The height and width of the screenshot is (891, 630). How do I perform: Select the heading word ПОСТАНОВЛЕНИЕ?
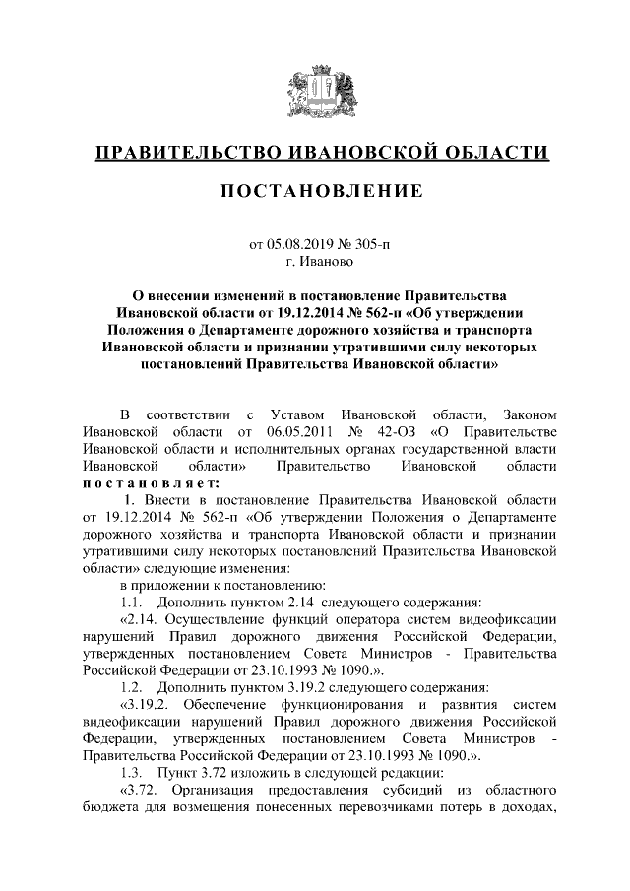point(314,188)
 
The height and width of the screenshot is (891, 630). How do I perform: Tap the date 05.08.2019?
point(301,242)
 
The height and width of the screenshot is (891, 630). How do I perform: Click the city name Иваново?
point(327,262)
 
